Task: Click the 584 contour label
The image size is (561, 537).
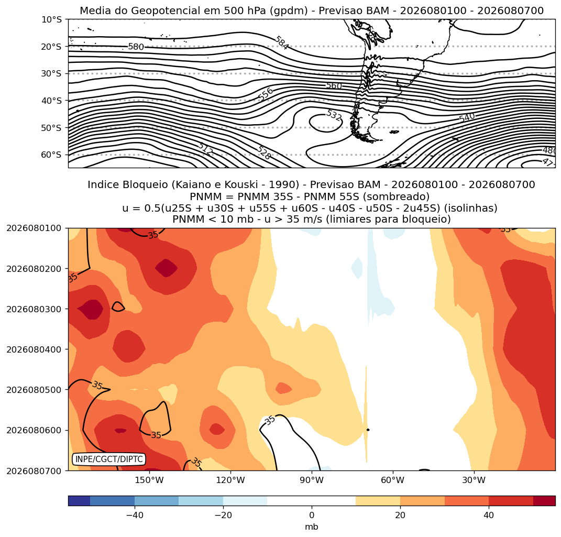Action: pos(282,43)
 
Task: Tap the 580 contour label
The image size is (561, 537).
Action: pos(136,47)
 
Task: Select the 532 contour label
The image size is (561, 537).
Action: pos(334,115)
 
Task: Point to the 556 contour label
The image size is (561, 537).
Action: pos(266,94)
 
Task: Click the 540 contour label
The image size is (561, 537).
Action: pos(467,117)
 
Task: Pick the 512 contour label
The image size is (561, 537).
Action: pos(205,149)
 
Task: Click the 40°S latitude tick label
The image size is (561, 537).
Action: pos(51,101)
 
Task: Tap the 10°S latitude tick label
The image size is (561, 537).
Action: pos(51,19)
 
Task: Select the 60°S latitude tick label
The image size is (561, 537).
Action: pos(51,155)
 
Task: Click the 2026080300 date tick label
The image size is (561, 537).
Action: pos(34,309)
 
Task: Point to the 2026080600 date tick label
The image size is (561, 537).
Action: pos(34,430)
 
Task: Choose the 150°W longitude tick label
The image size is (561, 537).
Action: pos(149,480)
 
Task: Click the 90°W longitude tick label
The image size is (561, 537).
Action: pos(312,480)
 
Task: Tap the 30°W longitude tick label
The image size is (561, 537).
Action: pos(474,480)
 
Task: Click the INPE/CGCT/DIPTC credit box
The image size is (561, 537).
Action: pos(109,459)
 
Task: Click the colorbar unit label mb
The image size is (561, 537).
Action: pos(312,527)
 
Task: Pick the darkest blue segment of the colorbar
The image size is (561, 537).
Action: pos(79,500)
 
